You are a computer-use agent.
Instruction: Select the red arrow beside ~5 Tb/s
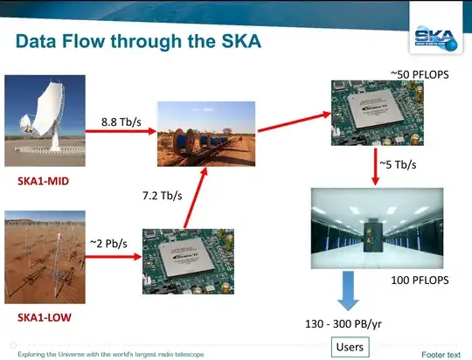[375, 164]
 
